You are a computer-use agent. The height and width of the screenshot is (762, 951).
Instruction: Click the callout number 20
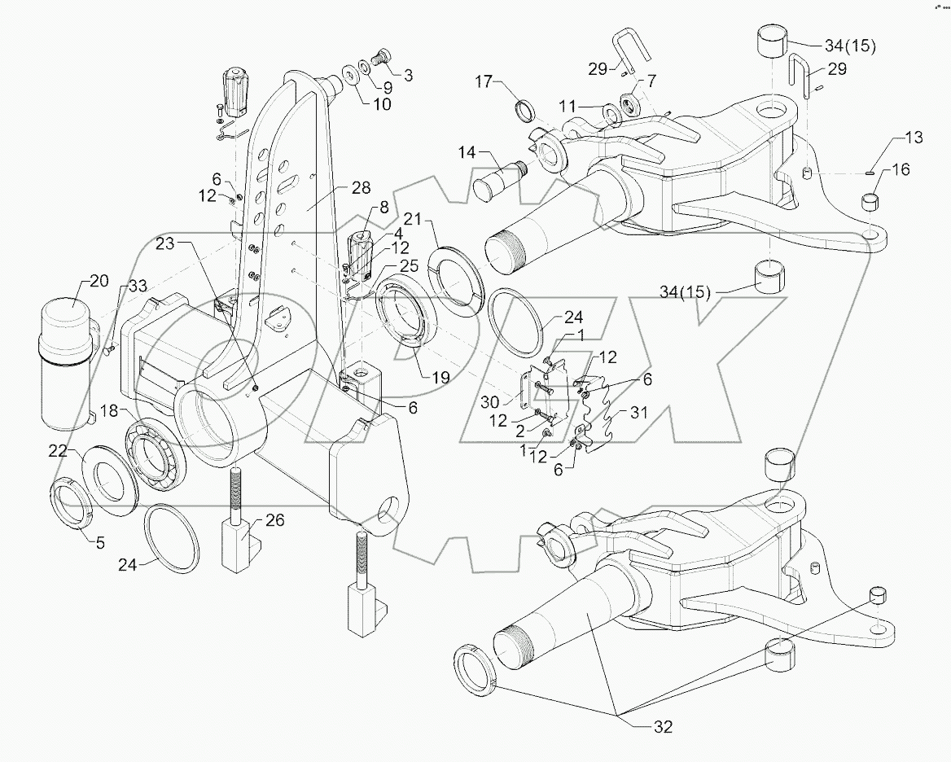(98, 282)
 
